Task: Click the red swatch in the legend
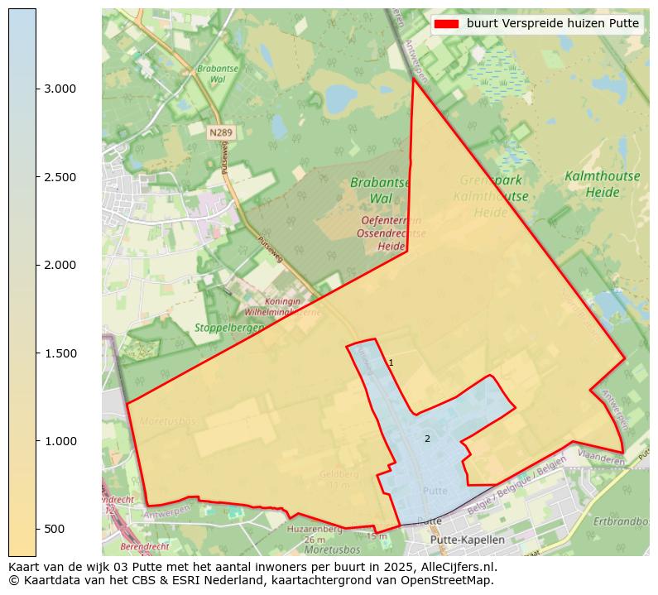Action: [x=445, y=24]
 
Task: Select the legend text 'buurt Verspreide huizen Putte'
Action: [x=552, y=24]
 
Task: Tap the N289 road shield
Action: [x=220, y=132]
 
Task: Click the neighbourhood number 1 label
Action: [x=391, y=363]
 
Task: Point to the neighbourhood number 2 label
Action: [x=427, y=439]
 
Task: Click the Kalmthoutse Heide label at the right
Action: [x=590, y=184]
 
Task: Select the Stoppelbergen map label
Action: [x=228, y=328]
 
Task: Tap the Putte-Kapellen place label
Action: [x=468, y=540]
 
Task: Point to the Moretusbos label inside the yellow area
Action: [x=168, y=421]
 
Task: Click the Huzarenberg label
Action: [x=315, y=528]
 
